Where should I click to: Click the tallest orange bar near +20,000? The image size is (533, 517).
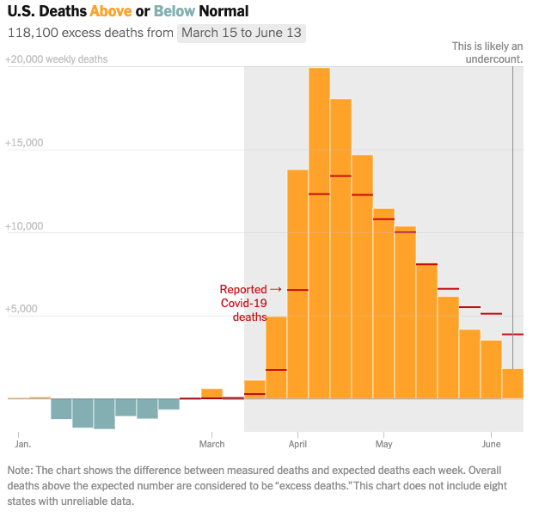[x=319, y=232]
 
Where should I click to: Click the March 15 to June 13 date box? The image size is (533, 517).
[x=242, y=34]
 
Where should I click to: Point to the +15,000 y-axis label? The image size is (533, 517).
[x=24, y=143]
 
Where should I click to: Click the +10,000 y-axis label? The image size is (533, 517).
[x=24, y=225]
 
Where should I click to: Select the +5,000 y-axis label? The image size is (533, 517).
[x=21, y=309]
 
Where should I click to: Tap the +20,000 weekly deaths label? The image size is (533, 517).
[x=56, y=60]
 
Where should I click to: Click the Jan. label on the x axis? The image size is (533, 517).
[x=23, y=444]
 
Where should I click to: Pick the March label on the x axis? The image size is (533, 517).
[x=211, y=444]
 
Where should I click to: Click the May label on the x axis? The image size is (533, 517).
[x=383, y=444]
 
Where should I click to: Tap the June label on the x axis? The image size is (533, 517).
[x=491, y=444]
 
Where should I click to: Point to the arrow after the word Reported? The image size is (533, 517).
[x=276, y=289]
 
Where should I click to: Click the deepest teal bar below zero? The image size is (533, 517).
[x=104, y=414]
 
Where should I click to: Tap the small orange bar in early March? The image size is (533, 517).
[x=211, y=394]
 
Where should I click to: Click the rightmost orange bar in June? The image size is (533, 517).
[x=512, y=384]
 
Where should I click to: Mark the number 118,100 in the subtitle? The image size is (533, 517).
[x=32, y=34]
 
